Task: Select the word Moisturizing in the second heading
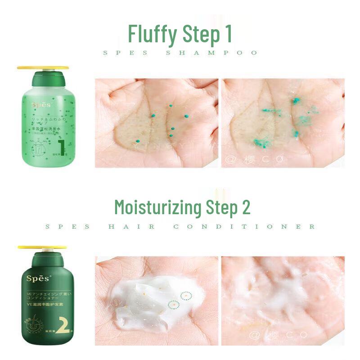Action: click(x=157, y=207)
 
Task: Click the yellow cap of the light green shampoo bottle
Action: click(x=43, y=68)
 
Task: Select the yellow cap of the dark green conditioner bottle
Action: click(x=42, y=247)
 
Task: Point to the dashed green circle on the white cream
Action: click(x=185, y=296)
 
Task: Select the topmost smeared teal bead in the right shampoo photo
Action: click(x=296, y=100)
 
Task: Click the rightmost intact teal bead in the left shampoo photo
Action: click(x=186, y=116)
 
